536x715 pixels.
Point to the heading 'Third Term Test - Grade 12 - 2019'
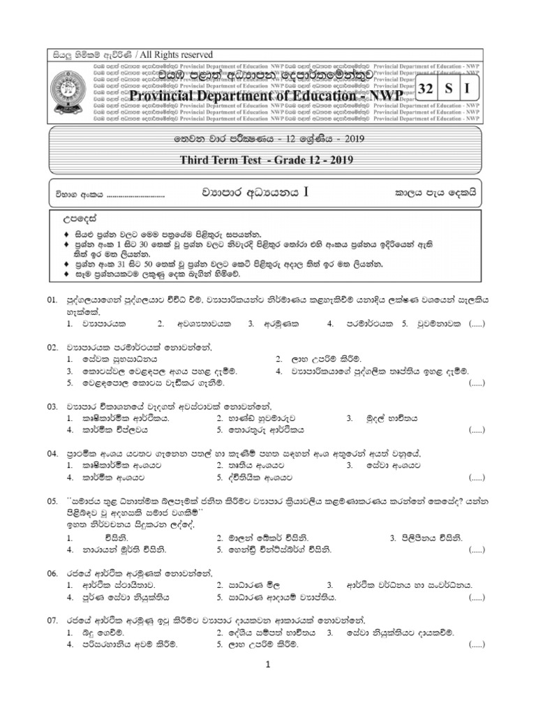click(x=268, y=161)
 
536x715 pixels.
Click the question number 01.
click(x=52, y=300)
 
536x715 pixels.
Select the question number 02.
click(x=52, y=347)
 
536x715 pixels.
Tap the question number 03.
click(x=52, y=406)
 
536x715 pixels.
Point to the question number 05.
click(x=52, y=501)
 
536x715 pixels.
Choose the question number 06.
click(x=52, y=573)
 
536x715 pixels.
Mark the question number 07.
click(x=52, y=620)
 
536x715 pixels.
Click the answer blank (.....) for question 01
click(x=477, y=324)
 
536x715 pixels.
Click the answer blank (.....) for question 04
click(x=477, y=478)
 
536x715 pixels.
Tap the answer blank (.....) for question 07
click(x=477, y=644)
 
